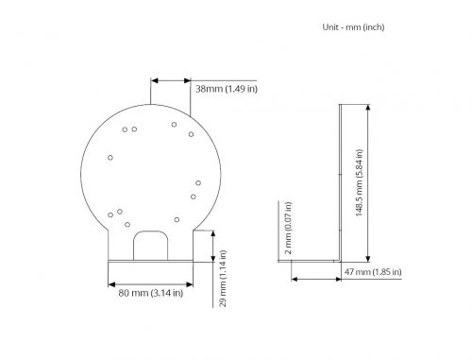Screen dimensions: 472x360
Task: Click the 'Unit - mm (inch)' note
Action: (353, 27)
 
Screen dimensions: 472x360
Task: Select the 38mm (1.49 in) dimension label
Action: (227, 89)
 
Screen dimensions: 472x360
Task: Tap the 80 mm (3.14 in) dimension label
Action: (151, 293)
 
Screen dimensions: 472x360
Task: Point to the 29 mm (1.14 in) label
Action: (223, 279)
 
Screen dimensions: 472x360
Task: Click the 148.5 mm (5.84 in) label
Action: (359, 182)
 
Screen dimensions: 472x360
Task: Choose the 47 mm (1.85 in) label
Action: (373, 272)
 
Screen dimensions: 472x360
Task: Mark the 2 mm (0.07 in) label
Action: (288, 228)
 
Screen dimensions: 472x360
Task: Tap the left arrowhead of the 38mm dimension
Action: (154, 81)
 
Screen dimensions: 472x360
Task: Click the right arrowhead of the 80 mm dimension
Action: (190, 284)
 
